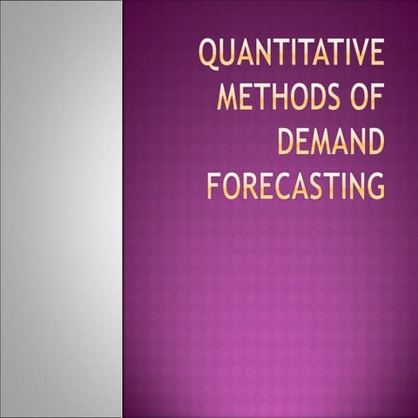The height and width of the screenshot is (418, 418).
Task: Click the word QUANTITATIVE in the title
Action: click(291, 53)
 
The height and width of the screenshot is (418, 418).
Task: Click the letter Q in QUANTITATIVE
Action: click(207, 54)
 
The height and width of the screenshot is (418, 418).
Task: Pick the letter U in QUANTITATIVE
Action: click(226, 53)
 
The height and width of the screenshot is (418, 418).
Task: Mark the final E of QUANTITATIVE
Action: click(374, 53)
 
